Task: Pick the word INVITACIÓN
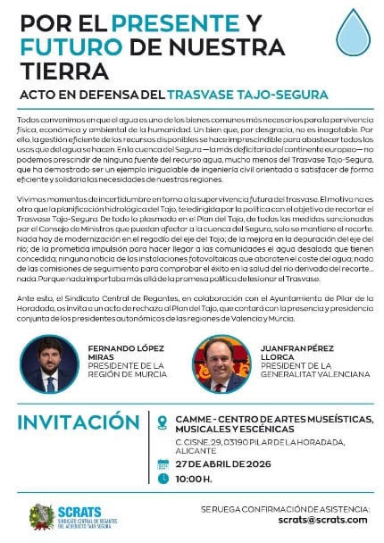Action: pos(78,422)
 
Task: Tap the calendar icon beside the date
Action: pos(163,464)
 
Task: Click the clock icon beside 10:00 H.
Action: pos(163,478)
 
